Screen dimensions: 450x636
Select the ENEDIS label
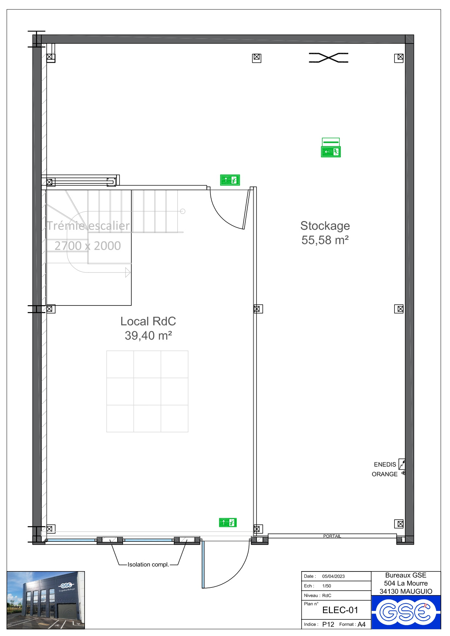pyautogui.click(x=385, y=465)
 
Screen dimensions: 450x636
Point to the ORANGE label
pyautogui.click(x=385, y=474)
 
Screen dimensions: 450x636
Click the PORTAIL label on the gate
pyautogui.click(x=332, y=536)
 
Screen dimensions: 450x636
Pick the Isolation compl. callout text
pyautogui.click(x=148, y=565)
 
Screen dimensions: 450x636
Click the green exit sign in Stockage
pyautogui.click(x=331, y=147)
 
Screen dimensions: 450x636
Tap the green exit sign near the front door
pyautogui.click(x=228, y=523)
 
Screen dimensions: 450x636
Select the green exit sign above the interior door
pyautogui.click(x=230, y=180)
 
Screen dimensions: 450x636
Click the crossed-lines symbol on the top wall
pyautogui.click(x=328, y=58)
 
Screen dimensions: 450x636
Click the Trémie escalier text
pyautogui.click(x=88, y=226)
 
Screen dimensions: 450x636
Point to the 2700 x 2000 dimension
pyautogui.click(x=88, y=246)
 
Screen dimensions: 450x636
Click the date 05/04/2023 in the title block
pyautogui.click(x=334, y=576)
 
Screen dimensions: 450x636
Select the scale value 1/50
pyautogui.click(x=327, y=586)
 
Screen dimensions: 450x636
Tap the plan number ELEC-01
pyautogui.click(x=340, y=610)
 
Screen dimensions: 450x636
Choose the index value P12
pyautogui.click(x=328, y=624)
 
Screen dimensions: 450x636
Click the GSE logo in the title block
pyautogui.click(x=406, y=612)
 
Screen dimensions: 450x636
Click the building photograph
pyautogui.click(x=46, y=600)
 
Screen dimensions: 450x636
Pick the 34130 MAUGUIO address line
pyautogui.click(x=406, y=591)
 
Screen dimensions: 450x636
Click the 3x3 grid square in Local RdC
pyautogui.click(x=147, y=391)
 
